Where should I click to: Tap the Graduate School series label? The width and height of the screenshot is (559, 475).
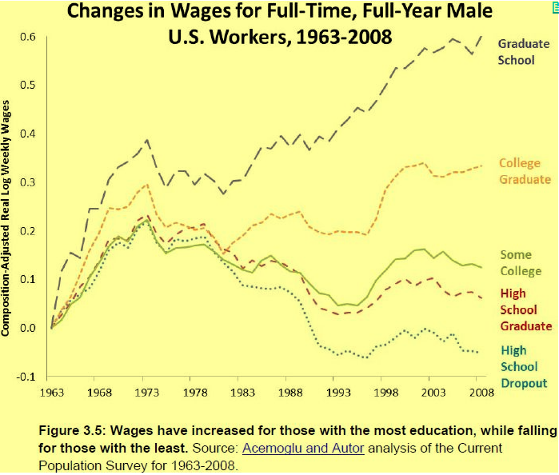pos(524,52)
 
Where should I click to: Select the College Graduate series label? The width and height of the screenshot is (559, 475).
pos(525,171)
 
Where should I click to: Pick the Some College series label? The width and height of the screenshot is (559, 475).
pos(521,263)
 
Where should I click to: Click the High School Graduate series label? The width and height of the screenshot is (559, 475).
pos(525,309)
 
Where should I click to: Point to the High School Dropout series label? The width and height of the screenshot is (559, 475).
pos(524,366)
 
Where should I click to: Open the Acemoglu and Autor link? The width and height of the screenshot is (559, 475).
pos(303,448)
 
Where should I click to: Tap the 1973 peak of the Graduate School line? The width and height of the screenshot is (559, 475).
pos(147,141)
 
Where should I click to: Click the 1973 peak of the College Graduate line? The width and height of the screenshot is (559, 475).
pos(147,185)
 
